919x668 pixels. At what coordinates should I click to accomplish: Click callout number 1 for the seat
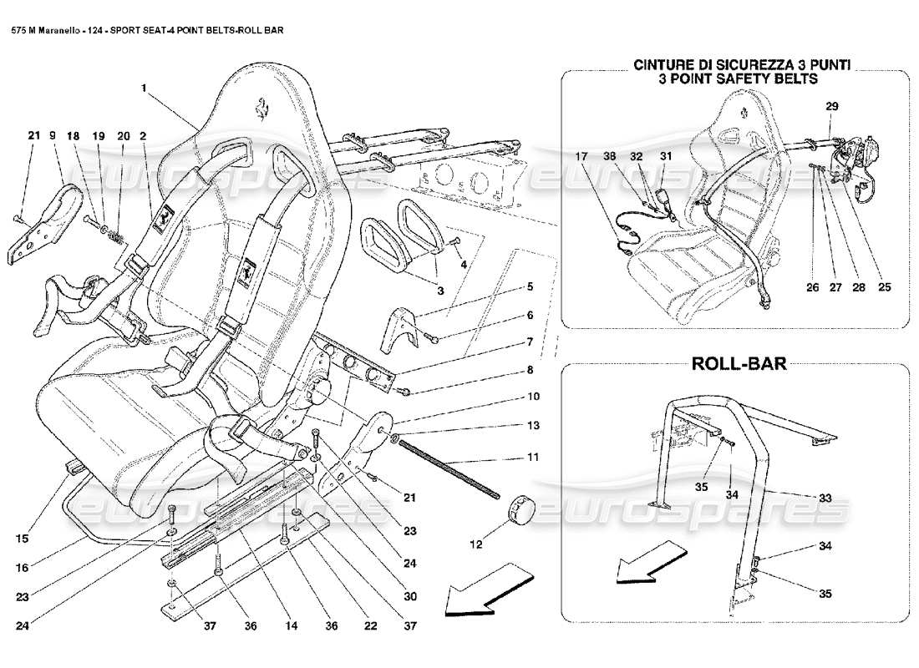[x=145, y=86]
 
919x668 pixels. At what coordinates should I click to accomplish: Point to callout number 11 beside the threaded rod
[x=532, y=457]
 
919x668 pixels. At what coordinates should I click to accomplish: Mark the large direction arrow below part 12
[x=489, y=590]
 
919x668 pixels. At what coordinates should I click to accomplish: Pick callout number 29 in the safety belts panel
[x=832, y=106]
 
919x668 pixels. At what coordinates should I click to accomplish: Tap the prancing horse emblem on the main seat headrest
[x=262, y=106]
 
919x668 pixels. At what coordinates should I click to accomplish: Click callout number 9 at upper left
[x=52, y=134]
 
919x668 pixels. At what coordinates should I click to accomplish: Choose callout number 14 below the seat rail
[x=246, y=624]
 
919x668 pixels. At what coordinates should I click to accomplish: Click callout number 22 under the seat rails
[x=361, y=624]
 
